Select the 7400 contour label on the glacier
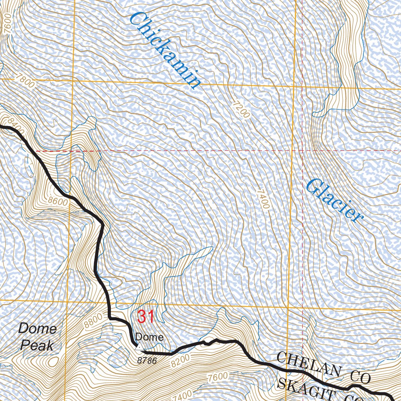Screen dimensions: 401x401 263,199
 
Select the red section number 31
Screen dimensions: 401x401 145,316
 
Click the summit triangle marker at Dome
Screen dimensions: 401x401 138,346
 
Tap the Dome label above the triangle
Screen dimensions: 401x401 149,337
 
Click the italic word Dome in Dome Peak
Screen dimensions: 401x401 37,329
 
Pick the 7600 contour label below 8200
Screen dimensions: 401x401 218,377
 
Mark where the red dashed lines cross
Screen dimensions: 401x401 303,150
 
